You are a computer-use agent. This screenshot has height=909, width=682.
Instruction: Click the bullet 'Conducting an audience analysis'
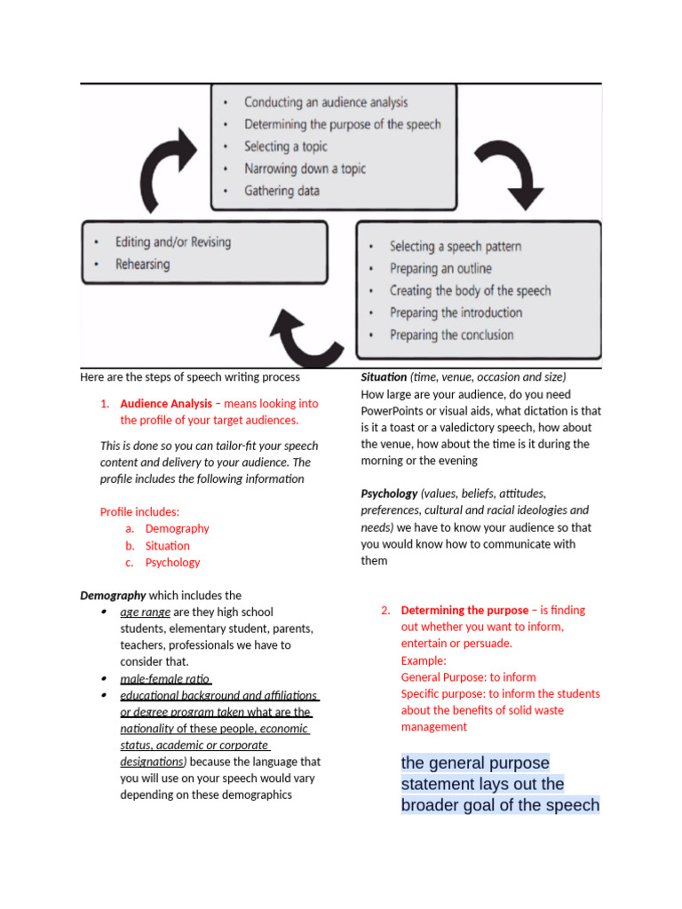(x=326, y=103)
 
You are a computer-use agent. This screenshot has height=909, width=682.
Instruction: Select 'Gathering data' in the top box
(x=282, y=191)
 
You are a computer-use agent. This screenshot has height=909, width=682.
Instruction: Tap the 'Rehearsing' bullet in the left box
(x=142, y=265)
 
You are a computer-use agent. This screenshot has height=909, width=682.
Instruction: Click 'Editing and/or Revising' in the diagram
(x=172, y=241)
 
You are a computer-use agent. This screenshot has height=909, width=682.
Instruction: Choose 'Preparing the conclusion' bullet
(x=451, y=335)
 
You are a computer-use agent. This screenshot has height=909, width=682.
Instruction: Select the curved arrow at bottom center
(x=303, y=336)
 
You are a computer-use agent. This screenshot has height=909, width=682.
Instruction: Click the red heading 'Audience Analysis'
(x=166, y=403)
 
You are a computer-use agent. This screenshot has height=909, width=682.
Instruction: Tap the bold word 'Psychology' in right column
(x=389, y=494)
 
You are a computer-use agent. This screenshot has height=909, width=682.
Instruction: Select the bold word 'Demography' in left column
(x=113, y=595)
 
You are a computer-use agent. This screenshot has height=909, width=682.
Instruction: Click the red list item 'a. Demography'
(x=177, y=528)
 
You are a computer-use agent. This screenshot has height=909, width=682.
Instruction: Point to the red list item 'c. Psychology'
(x=172, y=562)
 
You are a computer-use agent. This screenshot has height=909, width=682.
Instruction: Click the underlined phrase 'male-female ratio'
(x=165, y=678)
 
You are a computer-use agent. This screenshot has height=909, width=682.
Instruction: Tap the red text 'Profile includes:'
(x=139, y=511)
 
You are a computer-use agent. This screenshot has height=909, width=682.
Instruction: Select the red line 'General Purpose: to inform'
(x=468, y=677)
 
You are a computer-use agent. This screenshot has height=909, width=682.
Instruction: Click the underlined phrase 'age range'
(x=145, y=612)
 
